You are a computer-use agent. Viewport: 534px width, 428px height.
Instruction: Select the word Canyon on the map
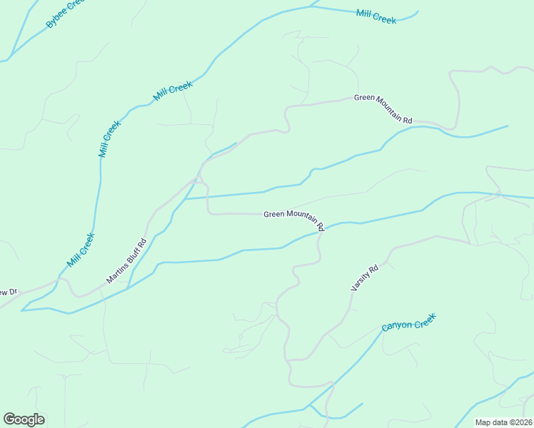396,327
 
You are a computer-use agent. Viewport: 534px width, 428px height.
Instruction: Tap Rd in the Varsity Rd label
373,269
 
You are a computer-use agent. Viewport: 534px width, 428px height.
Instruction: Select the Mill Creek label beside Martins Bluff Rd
81,250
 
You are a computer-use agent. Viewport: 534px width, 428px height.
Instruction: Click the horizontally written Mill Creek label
376,16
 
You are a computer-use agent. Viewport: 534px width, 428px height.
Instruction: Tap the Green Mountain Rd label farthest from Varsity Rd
383,109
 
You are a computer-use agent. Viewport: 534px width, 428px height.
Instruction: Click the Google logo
24,419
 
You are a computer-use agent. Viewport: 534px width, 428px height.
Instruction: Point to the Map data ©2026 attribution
503,422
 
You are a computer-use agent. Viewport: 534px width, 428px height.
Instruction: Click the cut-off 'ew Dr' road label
8,292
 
